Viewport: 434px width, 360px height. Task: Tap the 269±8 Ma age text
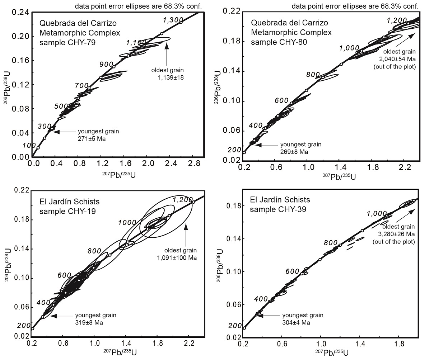[294, 152]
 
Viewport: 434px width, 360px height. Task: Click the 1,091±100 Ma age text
[178, 257]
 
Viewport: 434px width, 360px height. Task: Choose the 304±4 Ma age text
[296, 322]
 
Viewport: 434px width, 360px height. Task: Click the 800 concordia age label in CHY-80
[313, 75]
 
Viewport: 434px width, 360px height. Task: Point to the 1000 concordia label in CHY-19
[127, 223]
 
